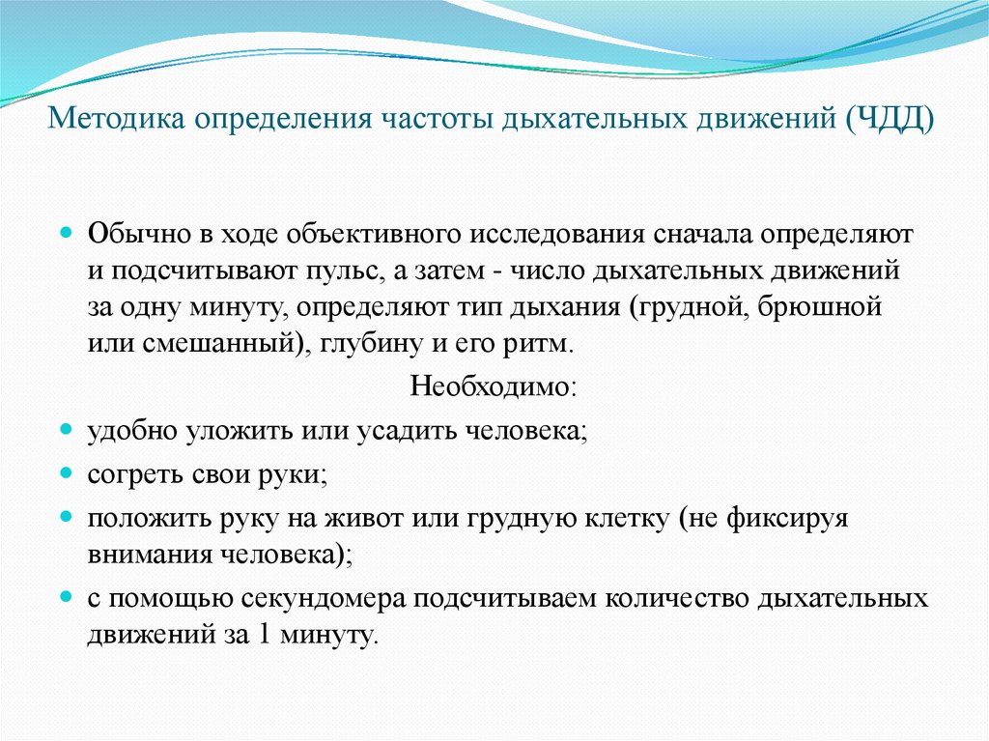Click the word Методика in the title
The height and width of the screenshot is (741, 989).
click(x=118, y=123)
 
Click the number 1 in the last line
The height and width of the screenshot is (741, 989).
click(x=266, y=636)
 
